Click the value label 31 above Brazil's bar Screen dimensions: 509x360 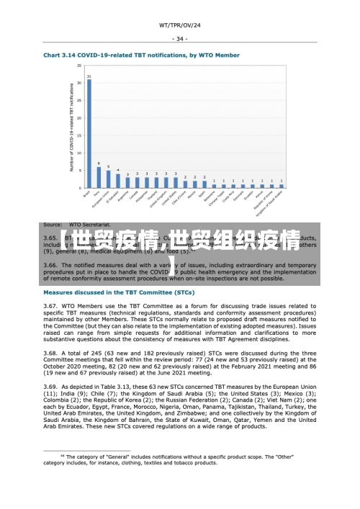pos(89,76)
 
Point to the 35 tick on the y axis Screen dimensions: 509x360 pos(79,66)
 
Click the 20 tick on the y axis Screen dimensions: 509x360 pos(79,118)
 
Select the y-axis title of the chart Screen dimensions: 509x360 pos(71,127)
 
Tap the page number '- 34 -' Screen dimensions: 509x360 pos(180,39)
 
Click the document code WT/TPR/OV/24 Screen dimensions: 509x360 pos(180,25)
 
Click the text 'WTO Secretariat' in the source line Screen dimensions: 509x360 pos(89,225)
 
